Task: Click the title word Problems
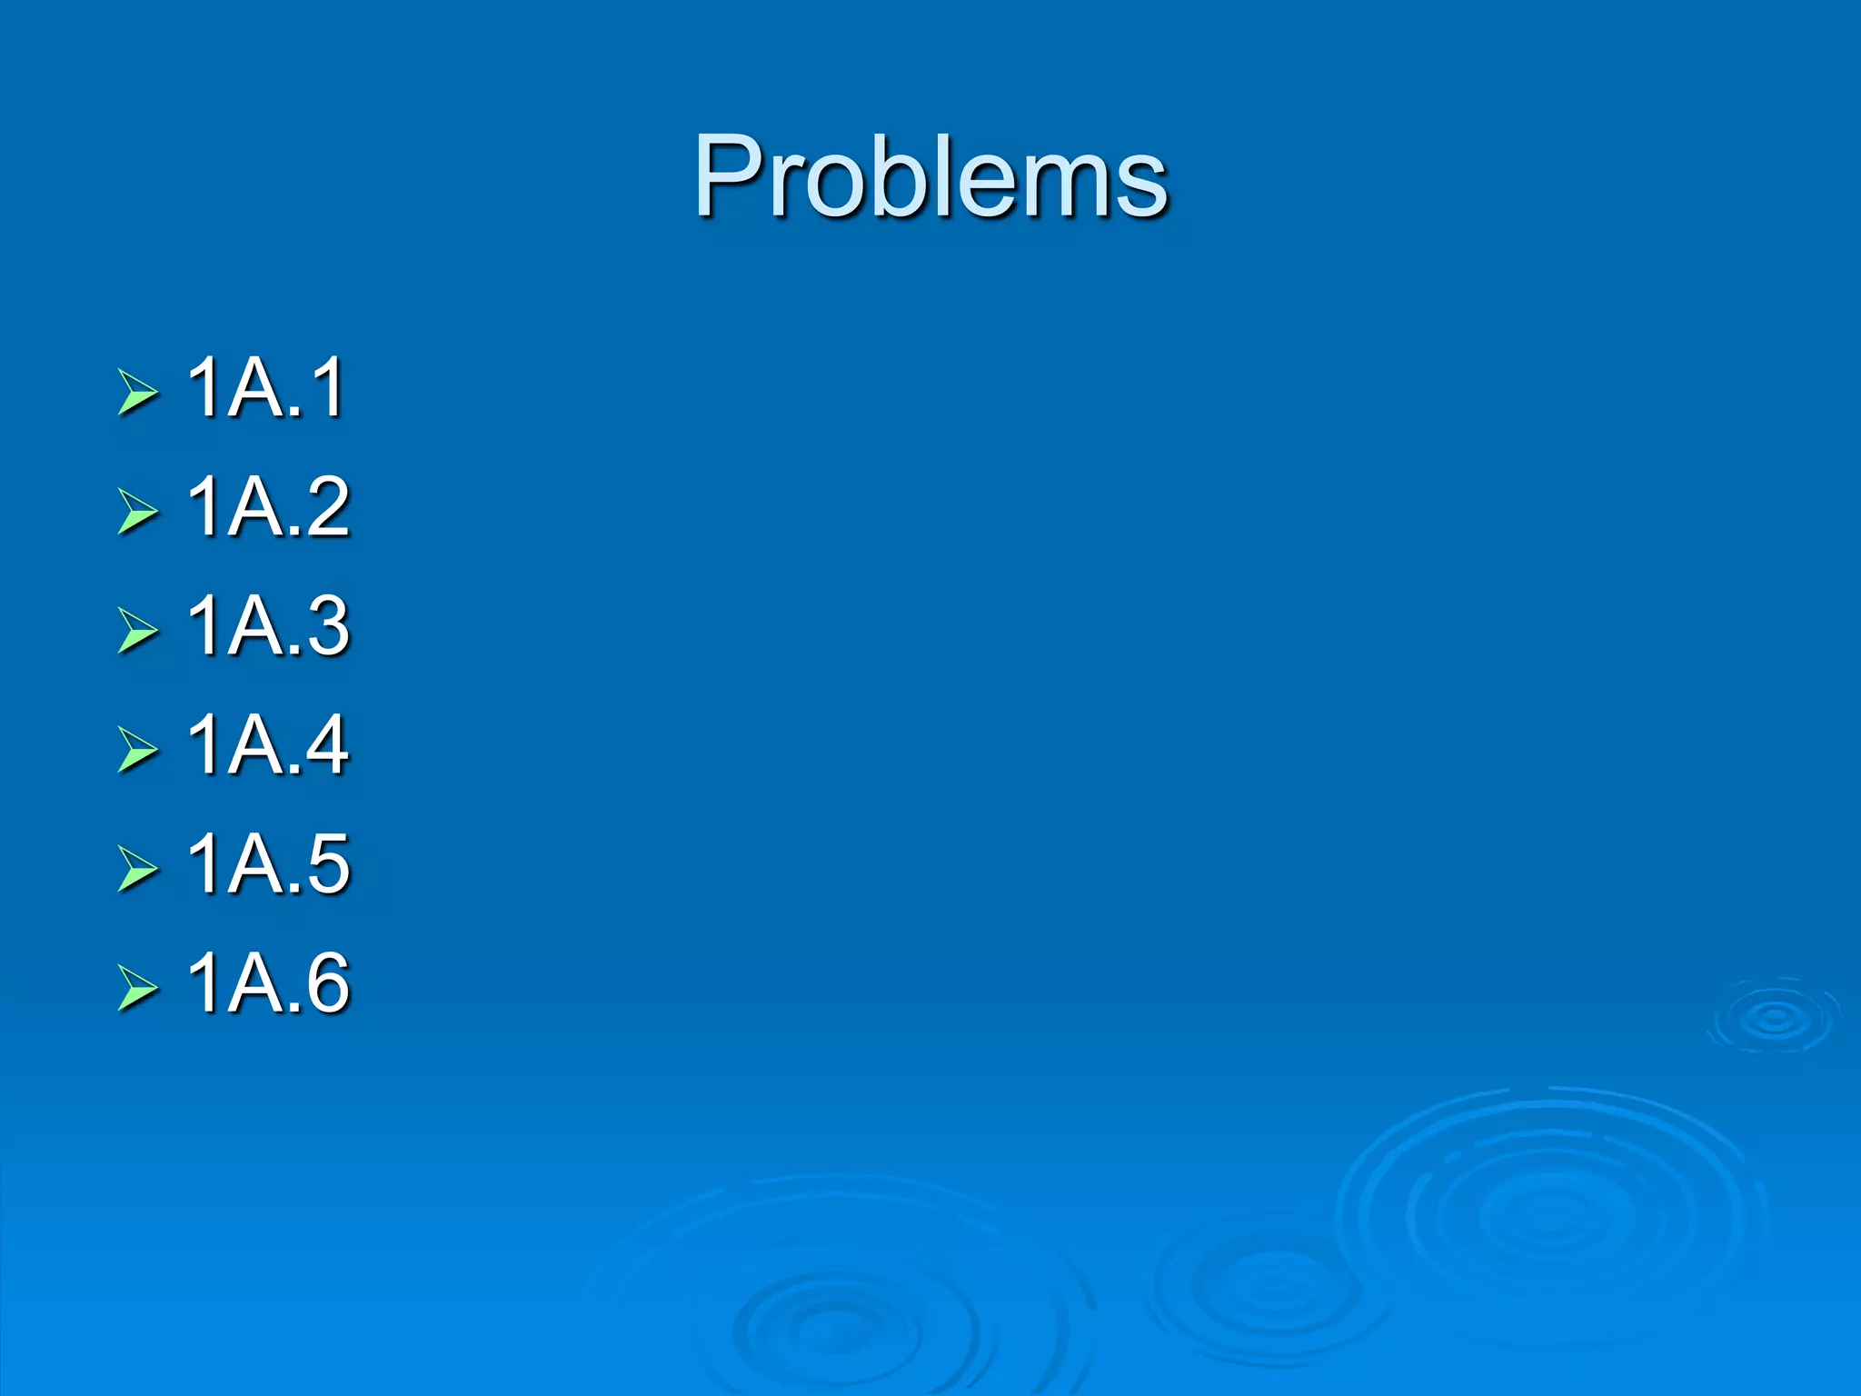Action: [930, 177]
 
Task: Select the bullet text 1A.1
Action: [265, 388]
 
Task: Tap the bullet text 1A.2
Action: [268, 506]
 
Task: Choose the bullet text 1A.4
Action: [268, 744]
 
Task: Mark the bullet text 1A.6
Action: [268, 982]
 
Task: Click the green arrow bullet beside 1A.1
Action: [137, 394]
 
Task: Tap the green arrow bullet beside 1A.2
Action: [137, 512]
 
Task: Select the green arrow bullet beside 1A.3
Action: [137, 631]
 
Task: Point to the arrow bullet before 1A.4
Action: [137, 750]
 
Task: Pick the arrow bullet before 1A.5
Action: [137, 869]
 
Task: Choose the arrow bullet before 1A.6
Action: [137, 988]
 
